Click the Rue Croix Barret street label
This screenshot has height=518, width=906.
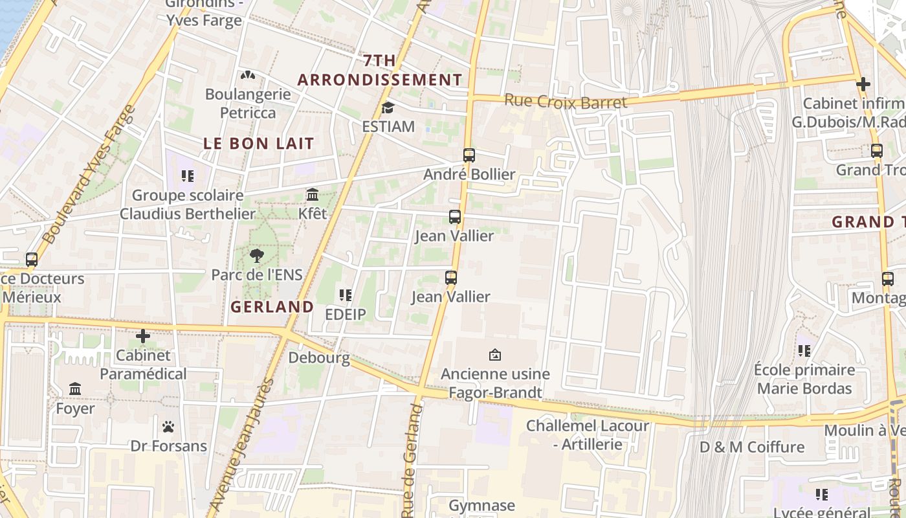[565, 102]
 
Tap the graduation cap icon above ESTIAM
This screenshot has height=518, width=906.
[388, 107]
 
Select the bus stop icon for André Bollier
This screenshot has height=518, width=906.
[469, 155]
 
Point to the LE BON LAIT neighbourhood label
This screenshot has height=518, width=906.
[259, 144]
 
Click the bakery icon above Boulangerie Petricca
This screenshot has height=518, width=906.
[248, 76]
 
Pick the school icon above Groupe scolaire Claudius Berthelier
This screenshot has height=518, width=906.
[188, 176]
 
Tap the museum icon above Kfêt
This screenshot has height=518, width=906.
[313, 194]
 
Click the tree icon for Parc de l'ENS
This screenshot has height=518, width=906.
[257, 256]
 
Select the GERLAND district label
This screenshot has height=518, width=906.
[272, 307]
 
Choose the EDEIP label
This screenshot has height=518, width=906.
[346, 315]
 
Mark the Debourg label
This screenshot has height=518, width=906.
[319, 357]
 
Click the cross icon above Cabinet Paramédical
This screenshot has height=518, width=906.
[143, 337]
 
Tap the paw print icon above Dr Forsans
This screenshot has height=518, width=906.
[168, 427]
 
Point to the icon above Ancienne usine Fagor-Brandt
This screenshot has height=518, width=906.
[495, 355]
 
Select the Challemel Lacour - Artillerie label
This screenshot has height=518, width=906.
[587, 435]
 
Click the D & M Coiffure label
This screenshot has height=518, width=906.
[752, 447]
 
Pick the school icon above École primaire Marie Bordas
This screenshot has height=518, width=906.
[804, 351]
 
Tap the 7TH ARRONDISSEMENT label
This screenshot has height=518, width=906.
[380, 70]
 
